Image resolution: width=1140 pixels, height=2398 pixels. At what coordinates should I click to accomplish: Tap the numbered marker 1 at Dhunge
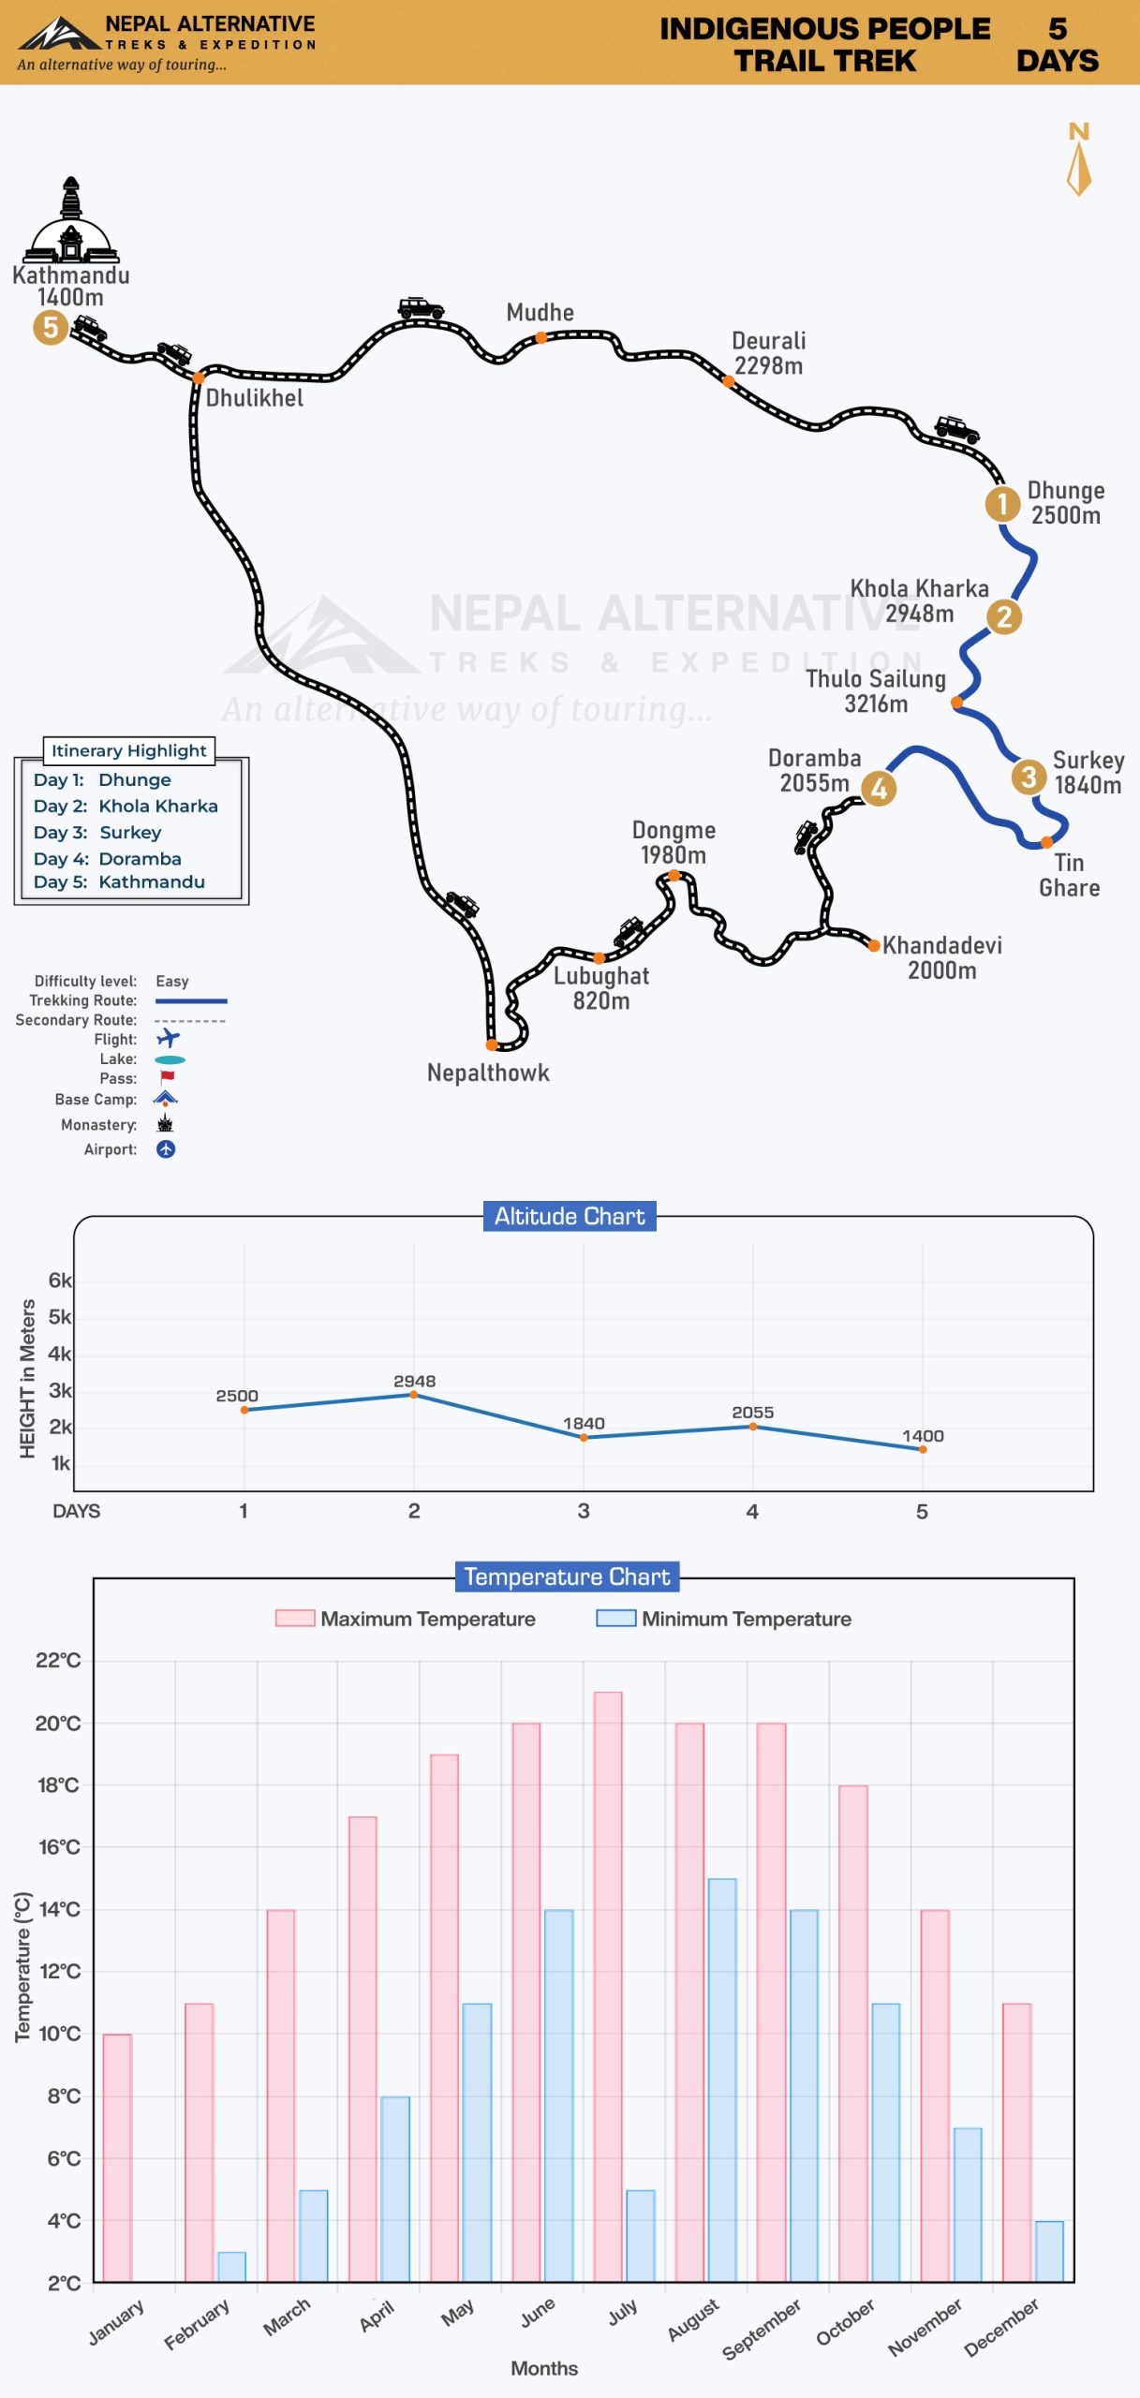1001,503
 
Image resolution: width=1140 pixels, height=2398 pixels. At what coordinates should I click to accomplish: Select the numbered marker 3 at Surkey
1029,777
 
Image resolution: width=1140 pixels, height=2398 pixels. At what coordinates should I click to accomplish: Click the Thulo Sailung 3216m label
876,690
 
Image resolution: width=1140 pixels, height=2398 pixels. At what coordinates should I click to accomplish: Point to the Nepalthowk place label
488,1073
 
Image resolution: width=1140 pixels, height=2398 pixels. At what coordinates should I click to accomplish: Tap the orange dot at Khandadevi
874,946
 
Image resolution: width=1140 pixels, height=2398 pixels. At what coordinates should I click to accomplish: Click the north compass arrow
1079,170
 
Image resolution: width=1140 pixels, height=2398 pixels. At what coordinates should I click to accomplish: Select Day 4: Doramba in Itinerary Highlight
108,858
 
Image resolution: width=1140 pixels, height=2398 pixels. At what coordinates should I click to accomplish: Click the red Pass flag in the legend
167,1078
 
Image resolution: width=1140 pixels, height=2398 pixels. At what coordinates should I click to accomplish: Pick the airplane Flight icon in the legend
168,1038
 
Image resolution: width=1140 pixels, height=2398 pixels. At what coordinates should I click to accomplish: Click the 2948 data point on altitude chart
413,1395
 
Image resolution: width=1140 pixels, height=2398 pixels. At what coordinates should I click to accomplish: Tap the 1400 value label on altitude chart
923,1436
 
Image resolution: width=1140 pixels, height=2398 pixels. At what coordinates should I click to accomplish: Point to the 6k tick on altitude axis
60,1280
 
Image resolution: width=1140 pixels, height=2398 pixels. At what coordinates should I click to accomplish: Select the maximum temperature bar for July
608,1987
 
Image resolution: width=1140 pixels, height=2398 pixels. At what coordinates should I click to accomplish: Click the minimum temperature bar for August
722,2080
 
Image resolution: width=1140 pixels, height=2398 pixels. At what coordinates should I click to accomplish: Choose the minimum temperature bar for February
231,2267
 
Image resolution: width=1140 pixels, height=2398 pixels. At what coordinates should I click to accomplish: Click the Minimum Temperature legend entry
724,1619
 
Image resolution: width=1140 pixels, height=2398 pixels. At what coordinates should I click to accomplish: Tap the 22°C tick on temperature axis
58,1661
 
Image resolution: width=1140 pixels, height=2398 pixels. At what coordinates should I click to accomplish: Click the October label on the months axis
845,2322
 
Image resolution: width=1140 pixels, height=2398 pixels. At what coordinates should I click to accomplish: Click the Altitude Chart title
570,1216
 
